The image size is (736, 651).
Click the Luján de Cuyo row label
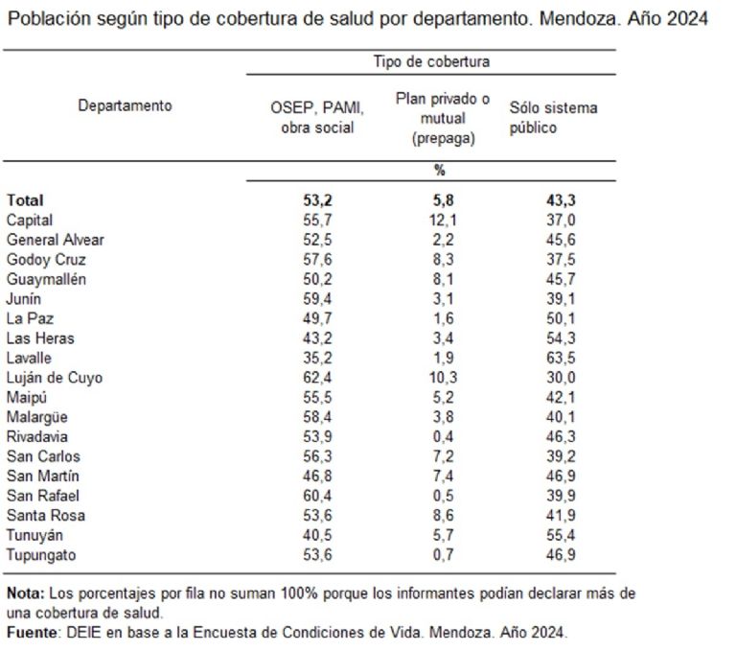tap(55, 378)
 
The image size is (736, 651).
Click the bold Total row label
tap(25, 200)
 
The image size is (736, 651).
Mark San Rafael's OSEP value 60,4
tap(316, 496)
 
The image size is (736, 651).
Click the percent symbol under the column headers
tap(440, 171)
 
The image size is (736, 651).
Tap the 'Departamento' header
tap(125, 105)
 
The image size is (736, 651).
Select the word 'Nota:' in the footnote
tap(25, 593)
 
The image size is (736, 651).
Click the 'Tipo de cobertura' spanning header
tap(431, 62)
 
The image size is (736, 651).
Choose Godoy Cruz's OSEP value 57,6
tap(316, 259)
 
